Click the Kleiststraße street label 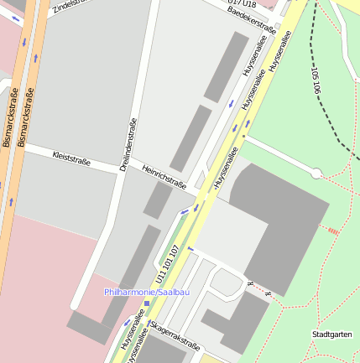tap(71, 157)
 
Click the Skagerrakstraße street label tap(175, 335)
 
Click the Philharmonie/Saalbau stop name tap(147, 292)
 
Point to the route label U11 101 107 tap(167, 265)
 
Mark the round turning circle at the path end tap(316, 174)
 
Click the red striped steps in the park tap(333, 230)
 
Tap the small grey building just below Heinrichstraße tap(156, 200)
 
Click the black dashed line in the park tap(336, 117)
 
